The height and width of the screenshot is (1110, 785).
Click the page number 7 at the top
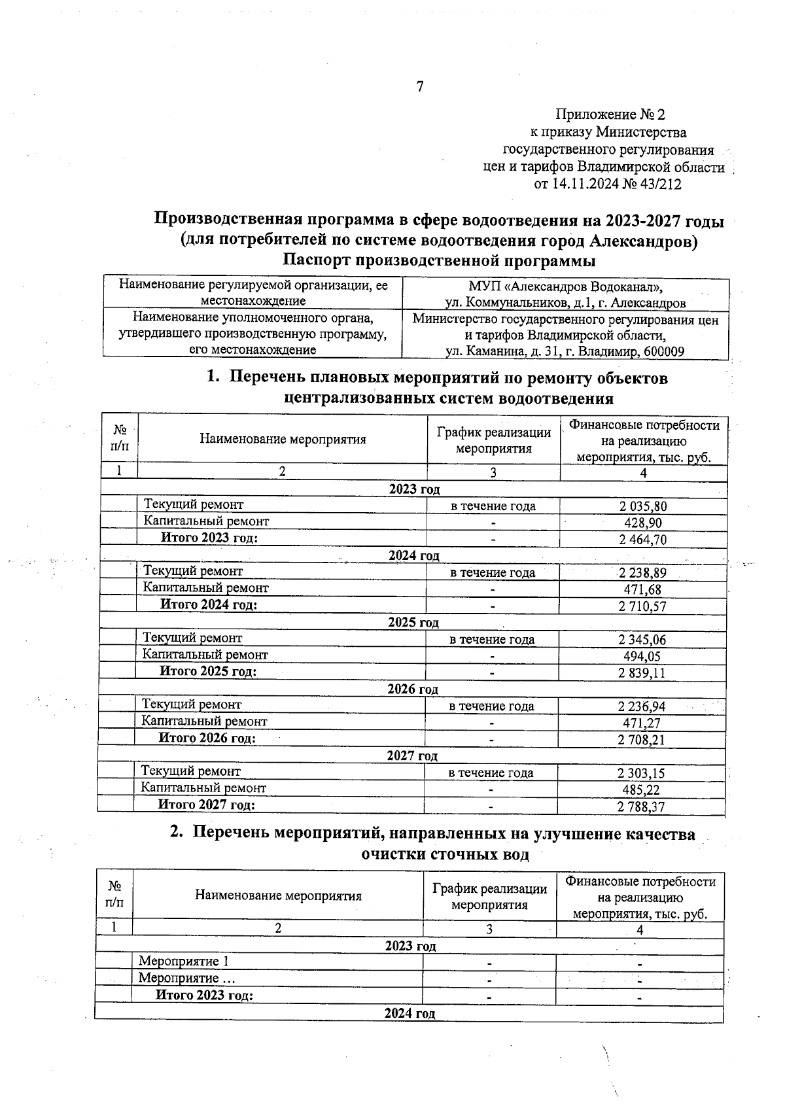420,86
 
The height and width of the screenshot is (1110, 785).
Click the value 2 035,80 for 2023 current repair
643,506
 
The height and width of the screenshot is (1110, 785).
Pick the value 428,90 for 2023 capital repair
643,523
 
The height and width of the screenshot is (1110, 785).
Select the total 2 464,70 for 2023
643,540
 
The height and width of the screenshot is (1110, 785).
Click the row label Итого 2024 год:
209,605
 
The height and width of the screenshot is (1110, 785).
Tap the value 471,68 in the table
642,589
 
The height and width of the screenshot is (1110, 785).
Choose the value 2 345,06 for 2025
642,640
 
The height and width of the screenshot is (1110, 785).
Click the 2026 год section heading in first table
413,689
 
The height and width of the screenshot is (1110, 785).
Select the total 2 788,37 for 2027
641,806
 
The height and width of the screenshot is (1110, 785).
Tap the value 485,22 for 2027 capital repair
641,790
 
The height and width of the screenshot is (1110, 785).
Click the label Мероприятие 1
184,962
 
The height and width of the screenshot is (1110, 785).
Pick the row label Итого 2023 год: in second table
204,996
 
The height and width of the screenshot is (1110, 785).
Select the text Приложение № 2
610,115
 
